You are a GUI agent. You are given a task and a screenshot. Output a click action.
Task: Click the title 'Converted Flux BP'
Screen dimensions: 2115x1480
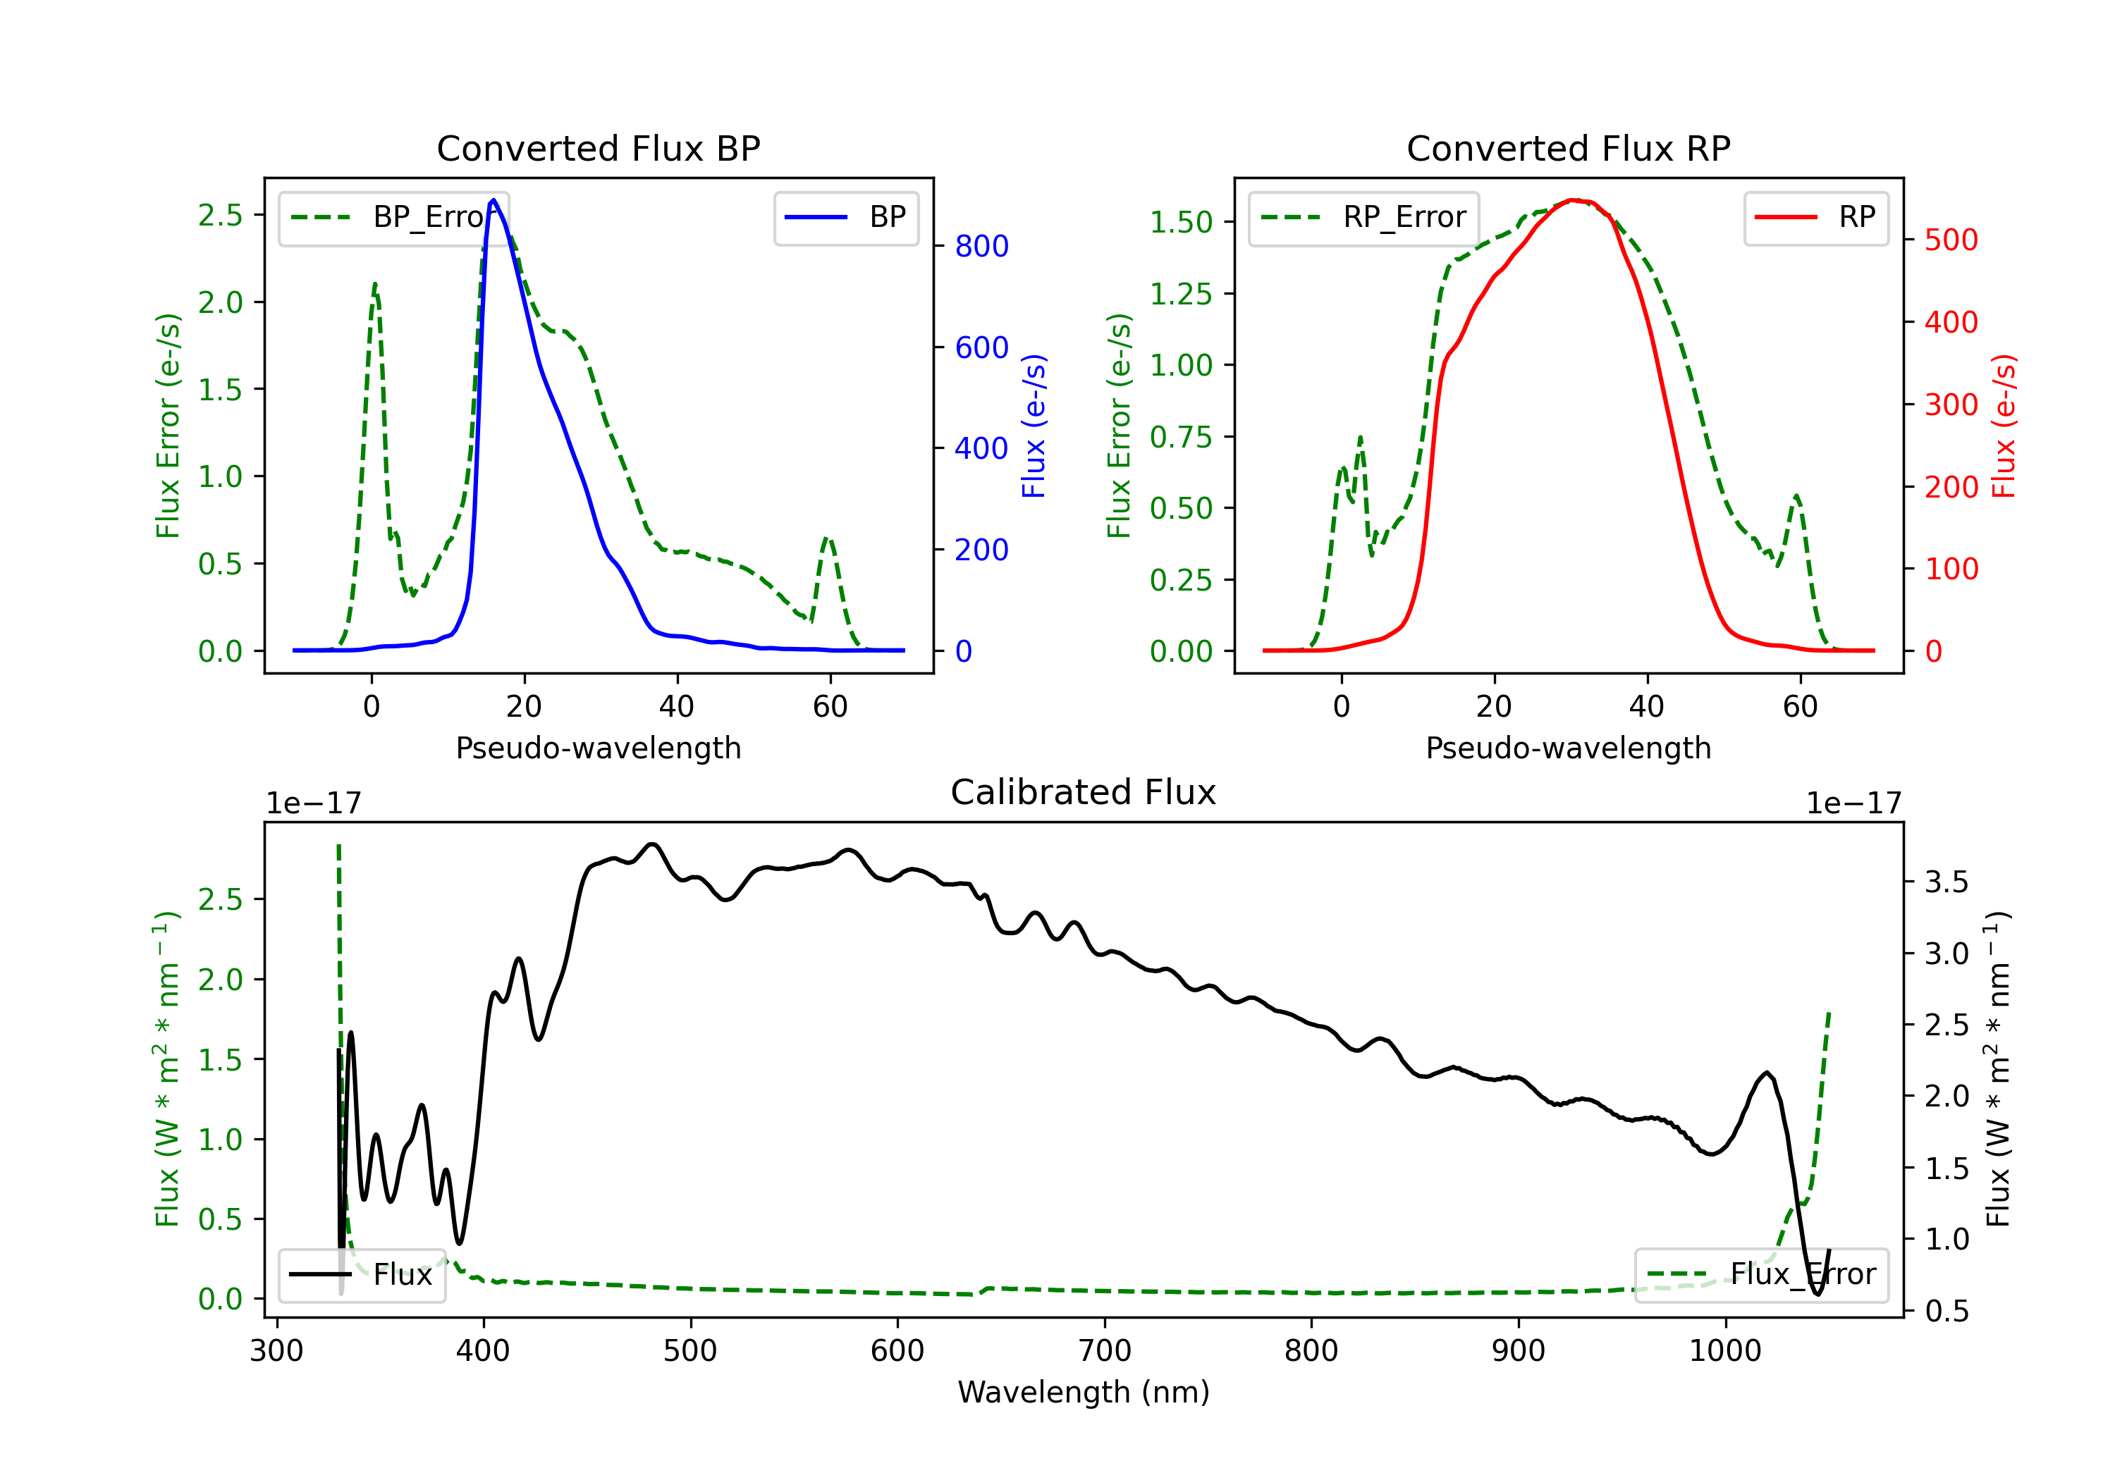[598, 148]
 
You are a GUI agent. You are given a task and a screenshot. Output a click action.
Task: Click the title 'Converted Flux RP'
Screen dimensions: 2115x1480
[1568, 148]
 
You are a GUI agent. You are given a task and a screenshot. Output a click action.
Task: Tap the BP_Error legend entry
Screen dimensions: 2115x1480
[394, 217]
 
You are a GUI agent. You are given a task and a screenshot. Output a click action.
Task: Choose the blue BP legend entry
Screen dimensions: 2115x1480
[845, 217]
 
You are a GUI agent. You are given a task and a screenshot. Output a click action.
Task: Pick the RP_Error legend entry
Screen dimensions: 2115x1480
[1363, 217]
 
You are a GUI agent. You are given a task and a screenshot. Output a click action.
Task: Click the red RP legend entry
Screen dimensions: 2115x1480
[1815, 217]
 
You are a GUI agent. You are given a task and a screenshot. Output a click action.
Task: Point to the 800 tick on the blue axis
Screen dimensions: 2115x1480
[982, 246]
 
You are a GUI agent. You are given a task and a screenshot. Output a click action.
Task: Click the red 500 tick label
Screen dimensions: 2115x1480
[1951, 240]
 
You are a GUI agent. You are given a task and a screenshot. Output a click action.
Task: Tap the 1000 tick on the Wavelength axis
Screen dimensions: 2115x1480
[1724, 1350]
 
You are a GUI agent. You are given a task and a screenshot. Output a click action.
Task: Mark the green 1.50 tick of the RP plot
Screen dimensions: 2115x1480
[1180, 222]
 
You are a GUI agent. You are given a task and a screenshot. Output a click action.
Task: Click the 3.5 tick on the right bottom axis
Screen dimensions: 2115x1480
[1947, 882]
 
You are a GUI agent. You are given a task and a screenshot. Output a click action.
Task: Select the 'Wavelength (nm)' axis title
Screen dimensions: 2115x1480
[1084, 1392]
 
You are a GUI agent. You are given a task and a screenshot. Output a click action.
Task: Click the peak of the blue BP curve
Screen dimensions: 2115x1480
[493, 200]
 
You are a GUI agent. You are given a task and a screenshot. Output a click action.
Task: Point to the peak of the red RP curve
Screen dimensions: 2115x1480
[1574, 200]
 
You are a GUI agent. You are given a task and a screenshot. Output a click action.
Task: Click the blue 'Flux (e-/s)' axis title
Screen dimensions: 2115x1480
[1034, 426]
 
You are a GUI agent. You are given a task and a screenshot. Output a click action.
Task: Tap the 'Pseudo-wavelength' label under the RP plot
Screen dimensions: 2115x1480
[1568, 748]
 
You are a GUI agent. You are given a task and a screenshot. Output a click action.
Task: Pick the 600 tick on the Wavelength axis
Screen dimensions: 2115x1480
[897, 1350]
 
